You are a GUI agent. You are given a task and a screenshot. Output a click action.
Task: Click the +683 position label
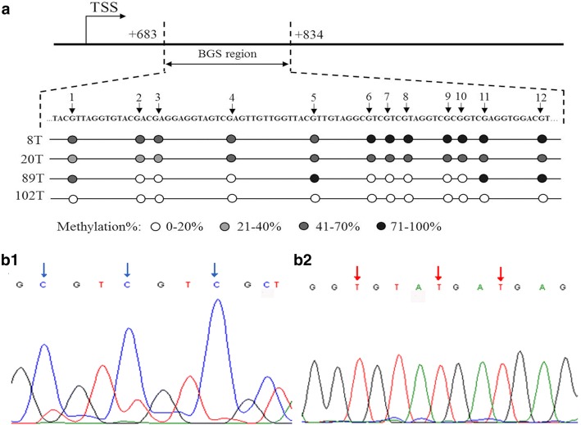(144, 33)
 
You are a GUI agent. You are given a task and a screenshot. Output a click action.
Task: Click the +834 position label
(309, 33)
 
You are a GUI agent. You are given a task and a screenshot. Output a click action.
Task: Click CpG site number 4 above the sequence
(232, 97)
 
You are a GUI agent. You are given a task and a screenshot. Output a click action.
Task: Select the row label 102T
(20, 197)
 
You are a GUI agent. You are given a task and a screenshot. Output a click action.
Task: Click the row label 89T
(22, 179)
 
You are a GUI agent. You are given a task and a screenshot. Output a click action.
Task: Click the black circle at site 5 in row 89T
(315, 178)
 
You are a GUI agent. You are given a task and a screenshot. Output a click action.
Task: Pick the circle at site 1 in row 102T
(73, 197)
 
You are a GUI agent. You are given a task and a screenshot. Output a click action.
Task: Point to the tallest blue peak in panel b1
(217, 303)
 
